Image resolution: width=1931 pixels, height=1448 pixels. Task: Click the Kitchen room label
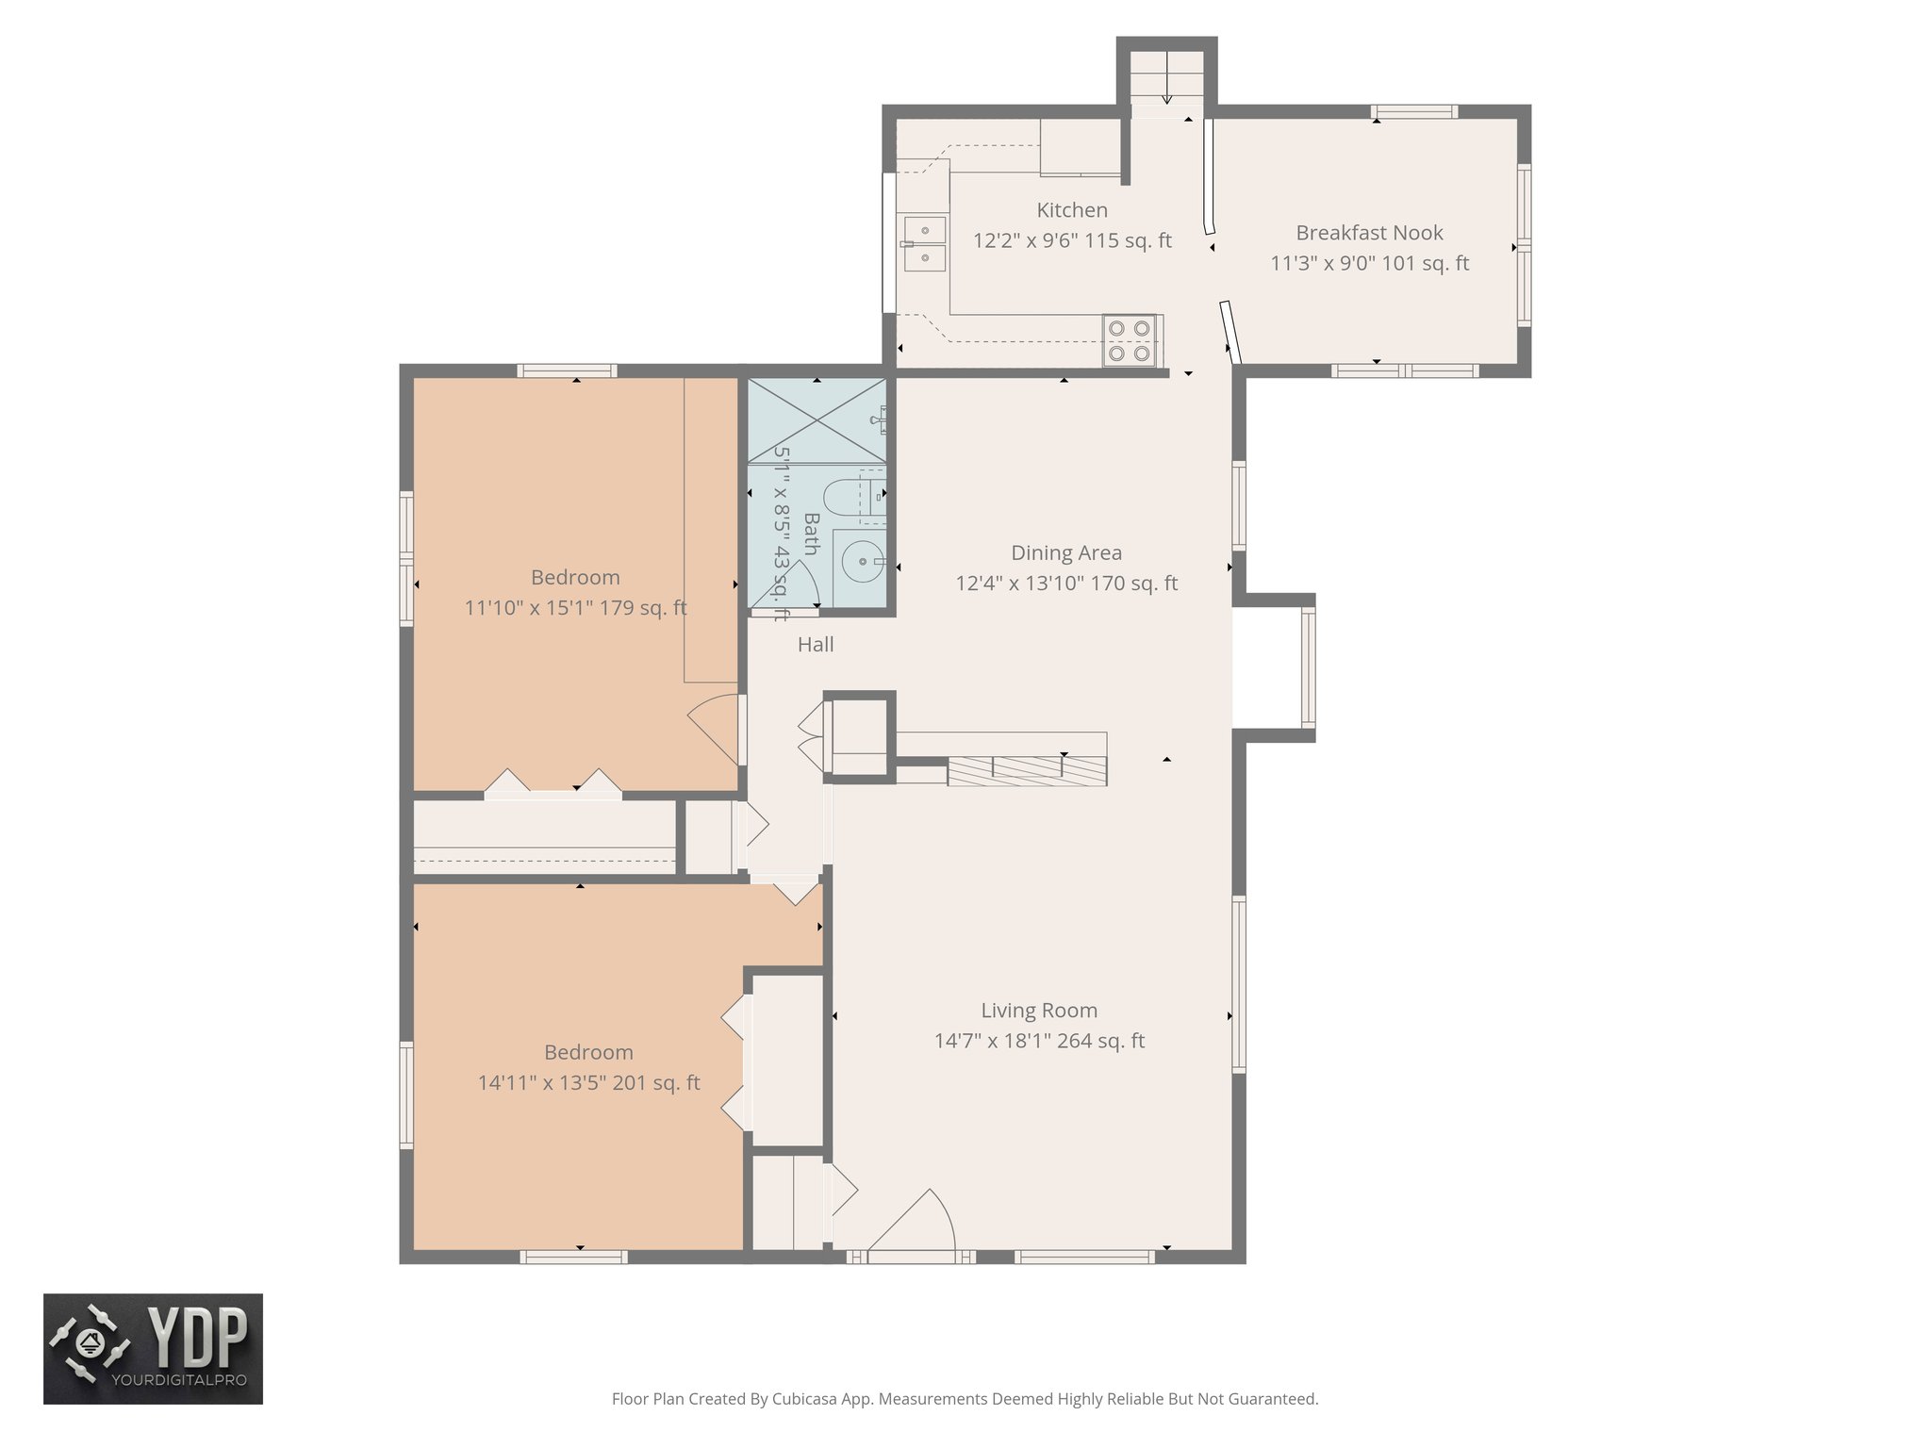point(1072,210)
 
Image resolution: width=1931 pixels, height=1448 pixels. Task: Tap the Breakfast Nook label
point(1369,233)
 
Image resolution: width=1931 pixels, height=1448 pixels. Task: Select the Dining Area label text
point(1066,553)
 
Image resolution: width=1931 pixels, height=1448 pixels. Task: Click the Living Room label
point(1039,1011)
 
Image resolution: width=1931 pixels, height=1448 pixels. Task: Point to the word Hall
point(816,645)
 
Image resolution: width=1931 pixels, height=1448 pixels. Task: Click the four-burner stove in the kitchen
point(1130,340)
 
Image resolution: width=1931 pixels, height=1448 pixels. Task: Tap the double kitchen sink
point(923,243)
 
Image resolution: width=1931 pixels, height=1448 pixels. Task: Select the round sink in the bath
point(861,562)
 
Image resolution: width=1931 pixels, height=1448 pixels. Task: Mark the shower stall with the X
point(817,420)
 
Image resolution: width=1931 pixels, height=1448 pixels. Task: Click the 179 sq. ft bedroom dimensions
point(575,608)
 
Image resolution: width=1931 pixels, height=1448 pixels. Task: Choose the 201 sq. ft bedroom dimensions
point(588,1083)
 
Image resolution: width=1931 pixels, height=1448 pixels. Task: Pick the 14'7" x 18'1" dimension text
point(1039,1041)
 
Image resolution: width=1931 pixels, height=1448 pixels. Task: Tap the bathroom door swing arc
point(797,584)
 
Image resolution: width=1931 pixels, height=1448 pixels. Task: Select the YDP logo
point(153,1348)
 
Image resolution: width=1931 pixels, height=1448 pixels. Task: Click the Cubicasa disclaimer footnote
point(965,1399)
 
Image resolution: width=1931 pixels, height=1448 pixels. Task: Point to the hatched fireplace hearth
point(1027,771)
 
